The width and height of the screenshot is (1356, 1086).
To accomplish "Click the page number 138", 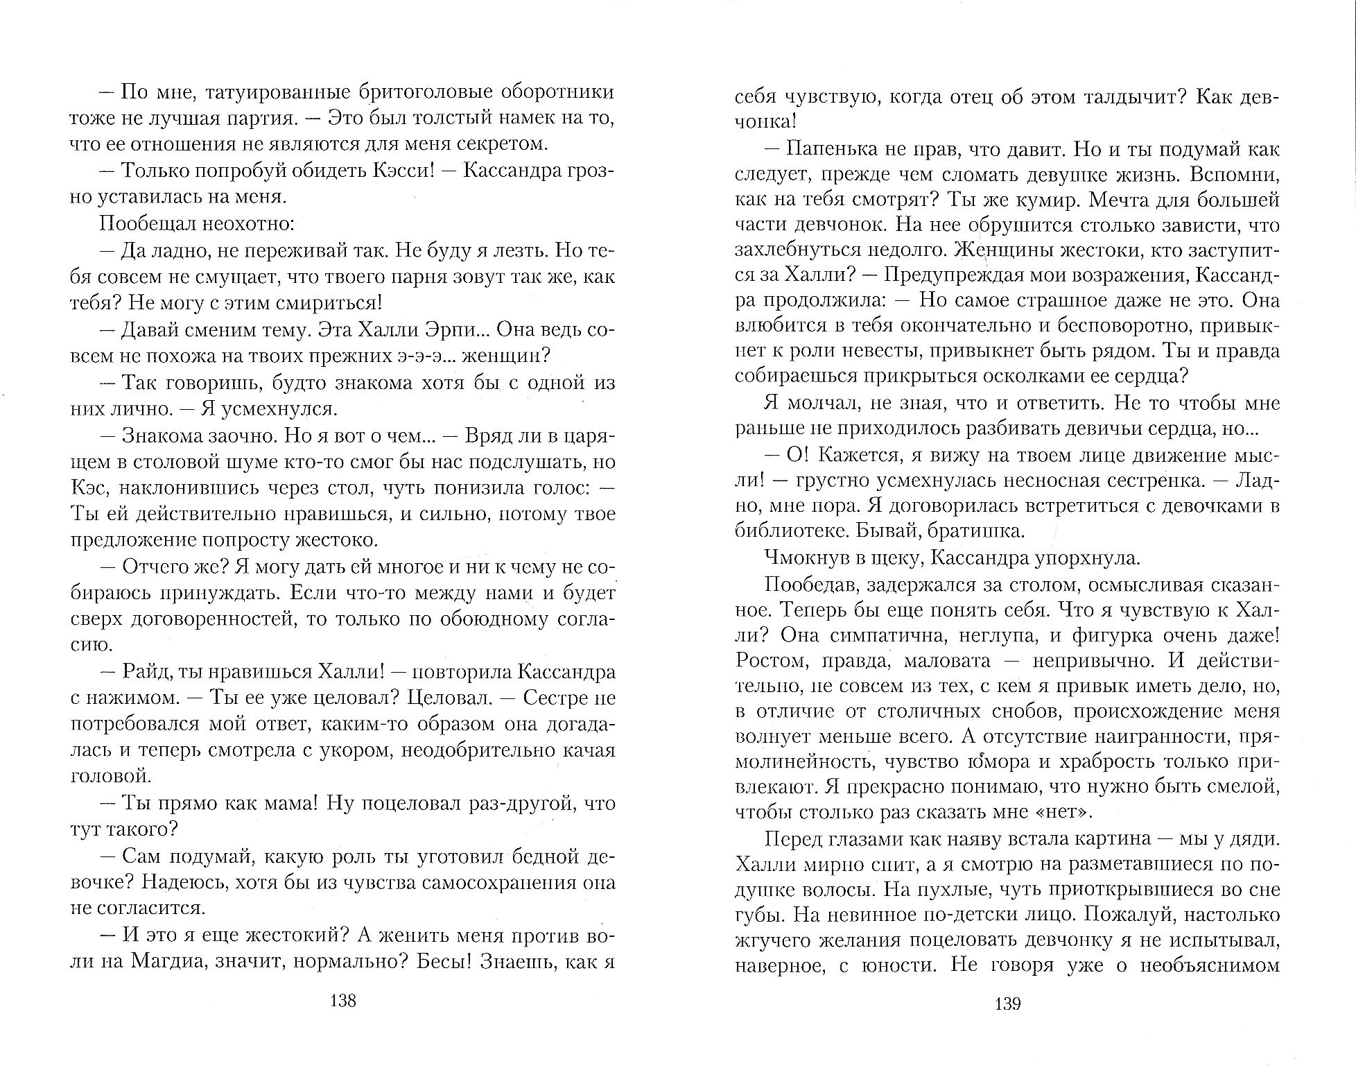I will pos(343,1001).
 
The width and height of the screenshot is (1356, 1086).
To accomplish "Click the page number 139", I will pos(1007,1003).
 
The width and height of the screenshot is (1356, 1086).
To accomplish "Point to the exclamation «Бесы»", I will pos(438,963).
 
